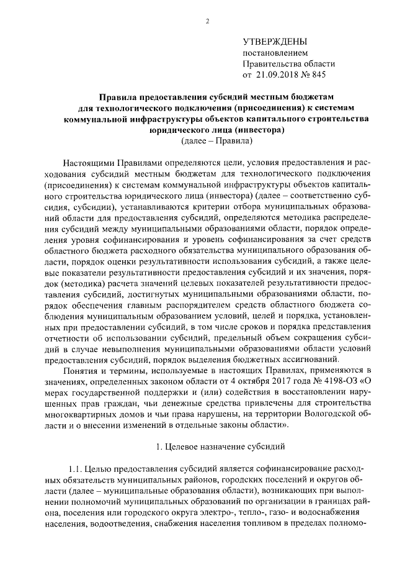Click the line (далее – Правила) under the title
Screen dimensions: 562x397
216,141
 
